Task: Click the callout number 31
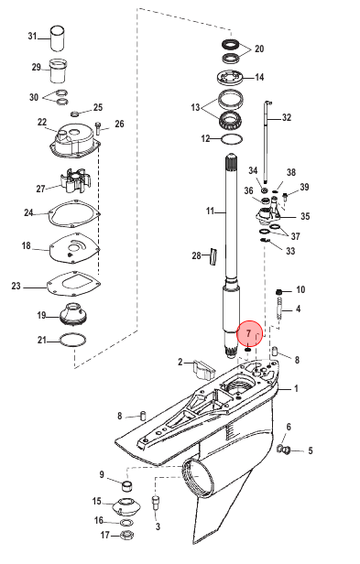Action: pyautogui.click(x=33, y=36)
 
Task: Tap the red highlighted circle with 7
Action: pyautogui.click(x=250, y=333)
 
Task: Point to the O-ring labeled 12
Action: pyautogui.click(x=232, y=139)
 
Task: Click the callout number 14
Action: pyautogui.click(x=259, y=77)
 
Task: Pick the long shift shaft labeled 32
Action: pyautogui.click(x=267, y=143)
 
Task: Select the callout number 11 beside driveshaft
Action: pyautogui.click(x=211, y=211)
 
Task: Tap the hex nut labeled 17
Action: pyautogui.click(x=126, y=534)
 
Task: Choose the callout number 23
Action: pyautogui.click(x=16, y=286)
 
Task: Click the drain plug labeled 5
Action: pyautogui.click(x=285, y=450)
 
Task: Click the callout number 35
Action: pyautogui.click(x=305, y=216)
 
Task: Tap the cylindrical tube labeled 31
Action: pyautogui.click(x=57, y=38)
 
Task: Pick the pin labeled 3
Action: pyautogui.click(x=156, y=502)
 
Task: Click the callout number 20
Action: pyautogui.click(x=259, y=49)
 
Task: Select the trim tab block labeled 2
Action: pyautogui.click(x=203, y=368)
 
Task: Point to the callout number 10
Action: pyautogui.click(x=300, y=289)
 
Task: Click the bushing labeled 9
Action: pyautogui.click(x=126, y=485)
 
